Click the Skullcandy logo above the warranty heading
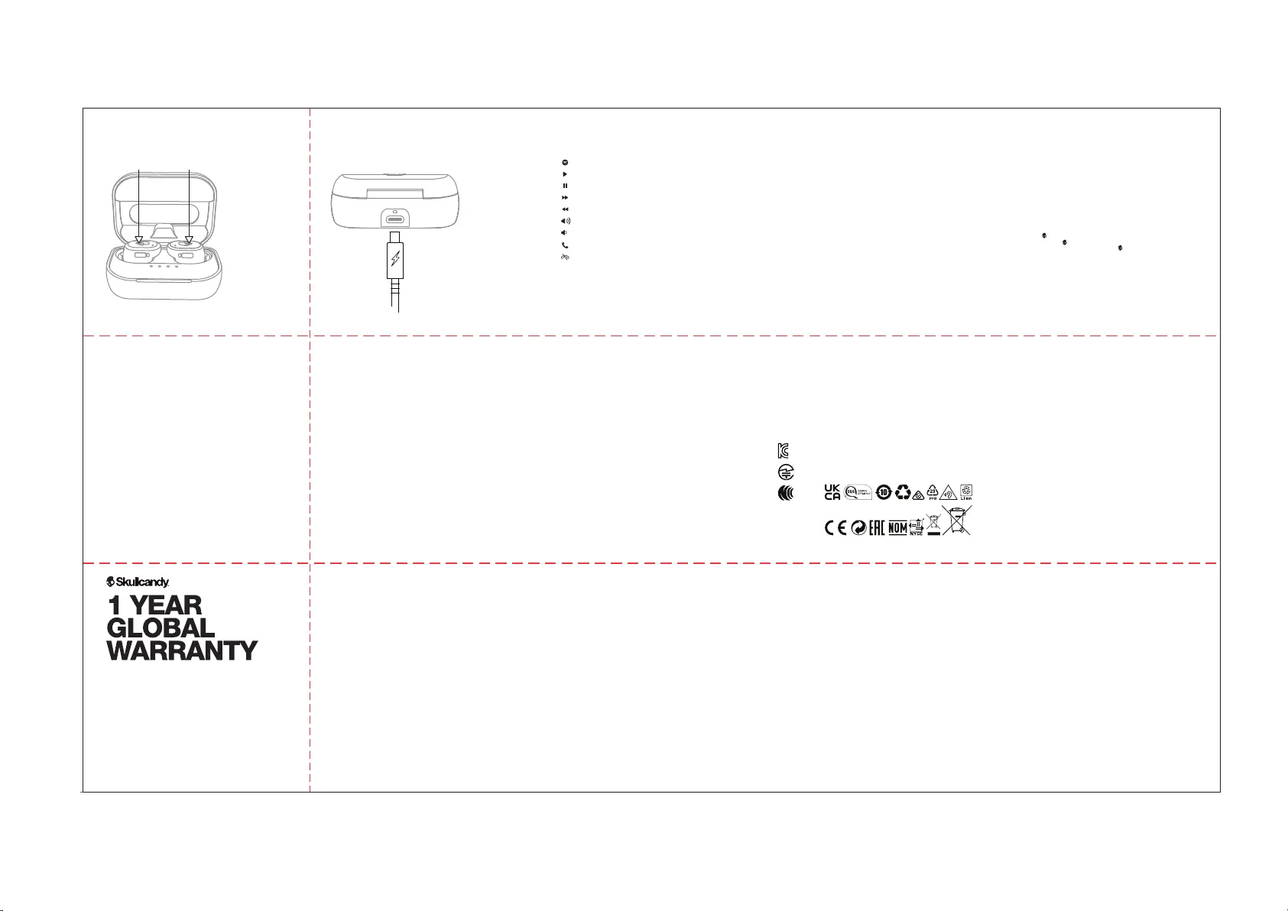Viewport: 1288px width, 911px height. click(138, 582)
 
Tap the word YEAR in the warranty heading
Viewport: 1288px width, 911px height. click(166, 605)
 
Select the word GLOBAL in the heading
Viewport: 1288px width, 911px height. click(161, 628)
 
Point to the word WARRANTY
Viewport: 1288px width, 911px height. click(182, 651)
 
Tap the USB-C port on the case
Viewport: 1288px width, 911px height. click(395, 219)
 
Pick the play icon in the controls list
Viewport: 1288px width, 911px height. click(565, 174)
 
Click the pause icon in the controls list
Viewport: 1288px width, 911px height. click(565, 186)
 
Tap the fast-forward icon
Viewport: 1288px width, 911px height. click(565, 197)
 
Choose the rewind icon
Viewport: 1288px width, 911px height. click(565, 209)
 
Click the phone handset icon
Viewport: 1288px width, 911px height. click(565, 245)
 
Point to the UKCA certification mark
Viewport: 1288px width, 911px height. click(832, 493)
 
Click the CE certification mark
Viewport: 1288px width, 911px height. click(836, 528)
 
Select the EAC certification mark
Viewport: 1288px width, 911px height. click(878, 528)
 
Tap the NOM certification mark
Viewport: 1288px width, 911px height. click(897, 528)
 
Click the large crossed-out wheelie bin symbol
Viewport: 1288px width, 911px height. click(956, 520)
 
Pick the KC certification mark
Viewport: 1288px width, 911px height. click(782, 451)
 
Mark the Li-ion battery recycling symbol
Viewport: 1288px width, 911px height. click(966, 493)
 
